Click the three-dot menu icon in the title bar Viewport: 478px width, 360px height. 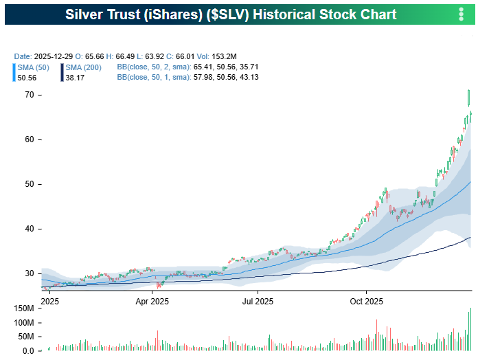pyautogui.click(x=461, y=14)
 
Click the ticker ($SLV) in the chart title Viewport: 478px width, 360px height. pyautogui.click(x=233, y=14)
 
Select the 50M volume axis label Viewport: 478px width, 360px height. pyautogui.click(x=24, y=337)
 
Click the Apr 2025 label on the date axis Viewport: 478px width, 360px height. pyautogui.click(x=152, y=301)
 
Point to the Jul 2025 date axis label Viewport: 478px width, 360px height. pyautogui.click(x=258, y=301)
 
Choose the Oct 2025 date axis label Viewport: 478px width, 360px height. pyautogui.click(x=365, y=301)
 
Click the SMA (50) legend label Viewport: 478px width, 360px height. pyautogui.click(x=32, y=67)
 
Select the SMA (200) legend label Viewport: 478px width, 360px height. pyautogui.click(x=84, y=67)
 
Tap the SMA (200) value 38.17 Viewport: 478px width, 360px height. pyautogui.click(x=74, y=78)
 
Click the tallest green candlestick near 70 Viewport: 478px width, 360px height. pyautogui.click(x=468, y=99)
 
